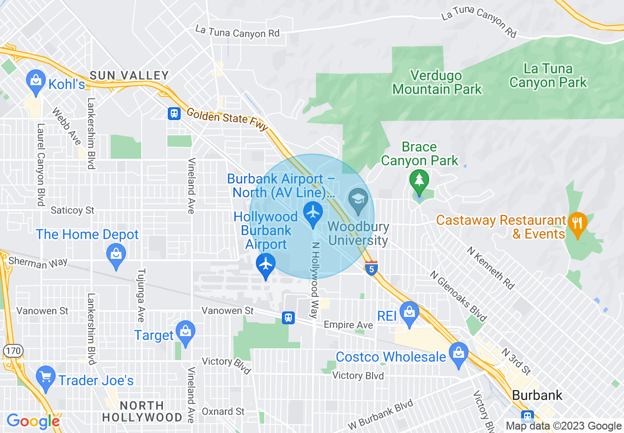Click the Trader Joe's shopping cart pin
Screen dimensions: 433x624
click(46, 378)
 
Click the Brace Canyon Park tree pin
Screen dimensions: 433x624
click(419, 181)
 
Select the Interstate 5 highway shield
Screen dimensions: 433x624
click(372, 269)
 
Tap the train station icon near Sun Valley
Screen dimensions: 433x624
click(174, 114)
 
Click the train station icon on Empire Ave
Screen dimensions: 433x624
click(288, 318)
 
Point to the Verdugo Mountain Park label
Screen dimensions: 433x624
click(437, 83)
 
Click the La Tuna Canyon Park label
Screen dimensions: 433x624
click(548, 75)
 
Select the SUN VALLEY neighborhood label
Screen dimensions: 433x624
click(129, 76)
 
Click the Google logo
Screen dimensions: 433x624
click(33, 421)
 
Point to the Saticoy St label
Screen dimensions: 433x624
click(72, 211)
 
